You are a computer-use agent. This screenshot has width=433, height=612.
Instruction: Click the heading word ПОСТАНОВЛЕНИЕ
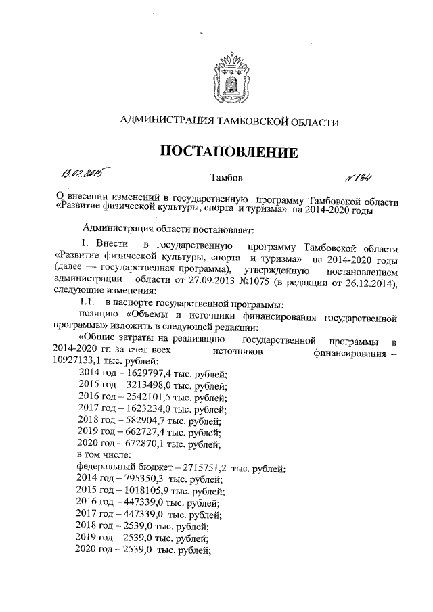click(x=229, y=151)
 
